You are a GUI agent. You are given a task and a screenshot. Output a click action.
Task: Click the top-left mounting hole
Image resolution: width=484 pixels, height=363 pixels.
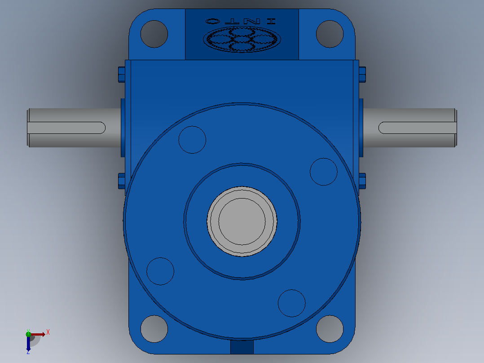tap(154, 34)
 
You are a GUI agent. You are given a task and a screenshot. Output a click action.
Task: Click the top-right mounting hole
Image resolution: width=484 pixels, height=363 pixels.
tap(330, 34)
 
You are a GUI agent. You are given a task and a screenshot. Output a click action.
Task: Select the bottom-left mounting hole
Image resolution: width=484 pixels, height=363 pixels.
tap(154, 329)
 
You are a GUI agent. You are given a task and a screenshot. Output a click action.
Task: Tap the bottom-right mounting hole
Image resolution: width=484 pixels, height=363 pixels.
tap(330, 329)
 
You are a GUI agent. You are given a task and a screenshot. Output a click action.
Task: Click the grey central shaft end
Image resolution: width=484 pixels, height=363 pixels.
tap(242, 221)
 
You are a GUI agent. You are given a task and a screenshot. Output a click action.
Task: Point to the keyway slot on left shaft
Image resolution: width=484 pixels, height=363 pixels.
tap(66, 128)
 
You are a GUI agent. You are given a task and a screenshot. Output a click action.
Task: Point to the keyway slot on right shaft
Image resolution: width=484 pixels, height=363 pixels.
tap(418, 128)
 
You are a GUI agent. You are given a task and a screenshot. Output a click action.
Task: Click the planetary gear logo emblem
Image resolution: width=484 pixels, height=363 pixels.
tap(242, 40)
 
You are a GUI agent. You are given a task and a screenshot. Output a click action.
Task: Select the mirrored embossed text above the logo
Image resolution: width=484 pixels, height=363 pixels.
tap(241, 21)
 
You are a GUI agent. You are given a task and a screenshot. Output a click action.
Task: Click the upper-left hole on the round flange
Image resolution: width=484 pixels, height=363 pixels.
tap(192, 140)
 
